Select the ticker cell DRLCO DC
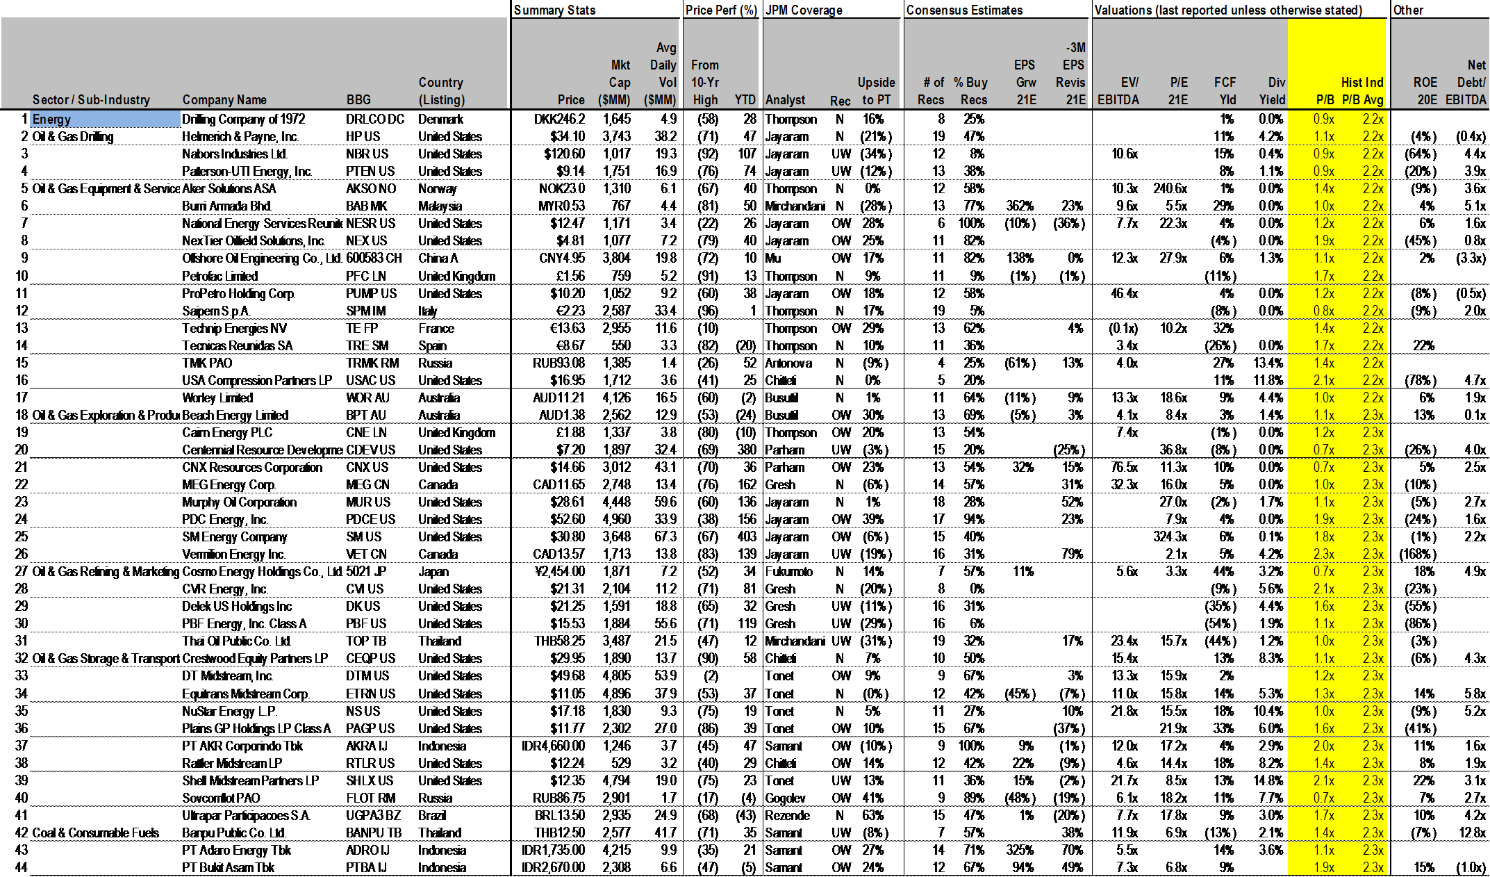[x=374, y=120]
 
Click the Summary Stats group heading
[x=554, y=10]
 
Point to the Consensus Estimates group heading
[x=964, y=10]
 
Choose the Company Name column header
[x=224, y=100]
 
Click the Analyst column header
[x=785, y=100]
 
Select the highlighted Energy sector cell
[x=104, y=120]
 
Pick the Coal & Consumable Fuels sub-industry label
[x=96, y=833]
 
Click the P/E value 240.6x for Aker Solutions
[x=1170, y=189]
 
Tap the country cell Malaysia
[x=440, y=206]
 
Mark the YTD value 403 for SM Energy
[x=747, y=537]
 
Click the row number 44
[x=21, y=868]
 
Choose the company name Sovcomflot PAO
[x=221, y=798]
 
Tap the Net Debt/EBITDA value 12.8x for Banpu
[x=1471, y=833]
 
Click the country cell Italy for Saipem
[x=427, y=311]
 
